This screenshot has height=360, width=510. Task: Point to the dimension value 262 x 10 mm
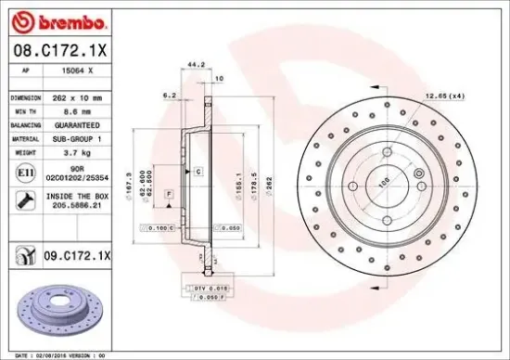pos(75,96)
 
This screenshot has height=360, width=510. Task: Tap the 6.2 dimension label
pos(169,95)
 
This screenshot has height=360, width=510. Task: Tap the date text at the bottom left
pos(70,354)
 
